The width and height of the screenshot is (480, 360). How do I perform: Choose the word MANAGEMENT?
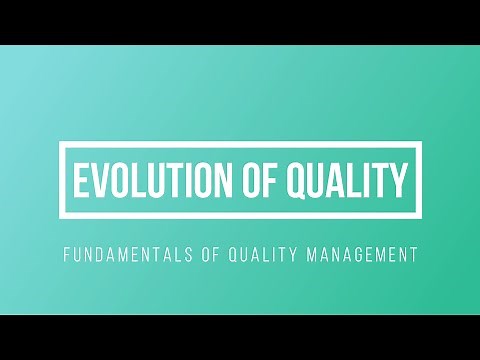pyautogui.click(x=358, y=255)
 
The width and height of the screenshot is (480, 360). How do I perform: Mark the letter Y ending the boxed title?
pyautogui.click(x=399, y=181)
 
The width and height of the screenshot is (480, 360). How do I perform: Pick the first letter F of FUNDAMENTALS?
pyautogui.click(x=66, y=255)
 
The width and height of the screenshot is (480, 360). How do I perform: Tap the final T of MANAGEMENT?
pyautogui.click(x=411, y=255)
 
